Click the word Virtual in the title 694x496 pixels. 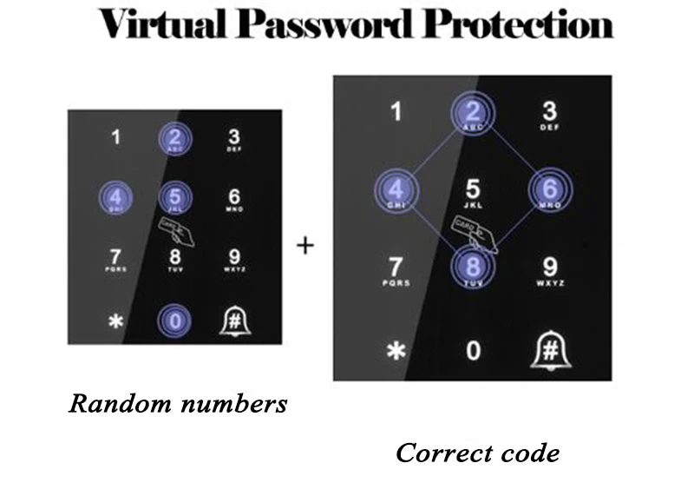pos(159,24)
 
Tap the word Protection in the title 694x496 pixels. pos(518,24)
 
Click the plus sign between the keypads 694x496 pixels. pos(304,246)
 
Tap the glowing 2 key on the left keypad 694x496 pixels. pos(174,138)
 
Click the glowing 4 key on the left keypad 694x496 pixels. pos(116,198)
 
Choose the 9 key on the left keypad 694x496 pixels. pos(233,258)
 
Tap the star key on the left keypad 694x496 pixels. pos(116,321)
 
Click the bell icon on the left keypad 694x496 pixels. pos(233,321)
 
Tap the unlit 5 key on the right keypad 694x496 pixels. pos(473,191)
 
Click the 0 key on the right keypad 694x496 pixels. pos(473,350)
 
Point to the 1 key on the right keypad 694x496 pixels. pos(396,112)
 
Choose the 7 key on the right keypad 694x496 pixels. pos(396,269)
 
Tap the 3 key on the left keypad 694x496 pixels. pos(233,138)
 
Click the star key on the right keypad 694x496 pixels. pos(396,351)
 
